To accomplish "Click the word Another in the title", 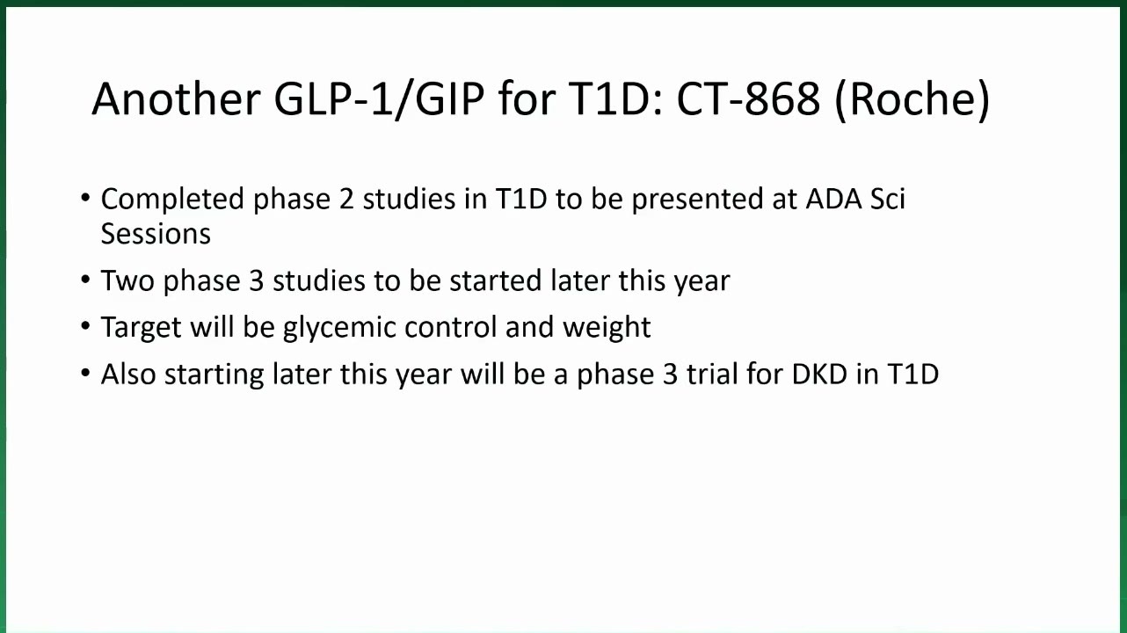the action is tap(176, 98).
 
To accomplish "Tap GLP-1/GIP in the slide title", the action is tap(380, 100).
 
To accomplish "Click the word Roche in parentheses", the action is tap(912, 98).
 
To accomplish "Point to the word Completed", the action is tap(172, 200).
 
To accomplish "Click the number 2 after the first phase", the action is tap(346, 199).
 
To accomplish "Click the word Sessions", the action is tap(156, 234).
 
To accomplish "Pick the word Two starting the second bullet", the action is tap(127, 280).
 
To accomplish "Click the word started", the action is tap(495, 280).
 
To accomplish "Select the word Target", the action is tap(141, 328).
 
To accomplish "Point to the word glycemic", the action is tap(339, 328).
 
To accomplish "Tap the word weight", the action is tap(607, 328).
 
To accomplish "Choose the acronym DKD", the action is tap(819, 375).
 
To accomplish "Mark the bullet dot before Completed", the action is tap(85, 197).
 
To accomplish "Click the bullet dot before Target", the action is tap(85, 325).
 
